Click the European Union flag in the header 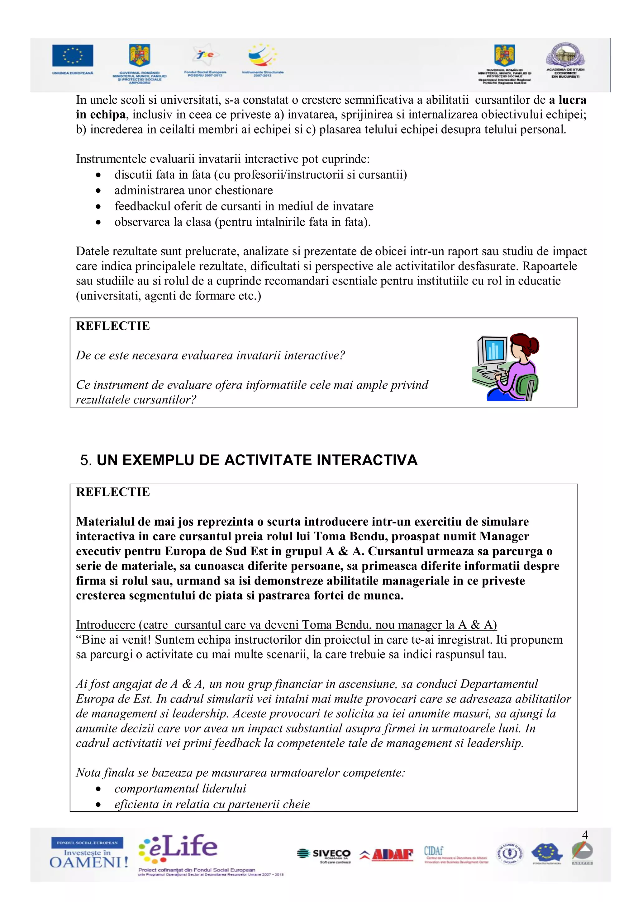tap(73, 55)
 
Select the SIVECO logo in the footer tap(324, 854)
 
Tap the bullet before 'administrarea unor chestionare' tap(98, 191)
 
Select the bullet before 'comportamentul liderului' tap(98, 789)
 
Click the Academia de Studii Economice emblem tap(565, 55)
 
